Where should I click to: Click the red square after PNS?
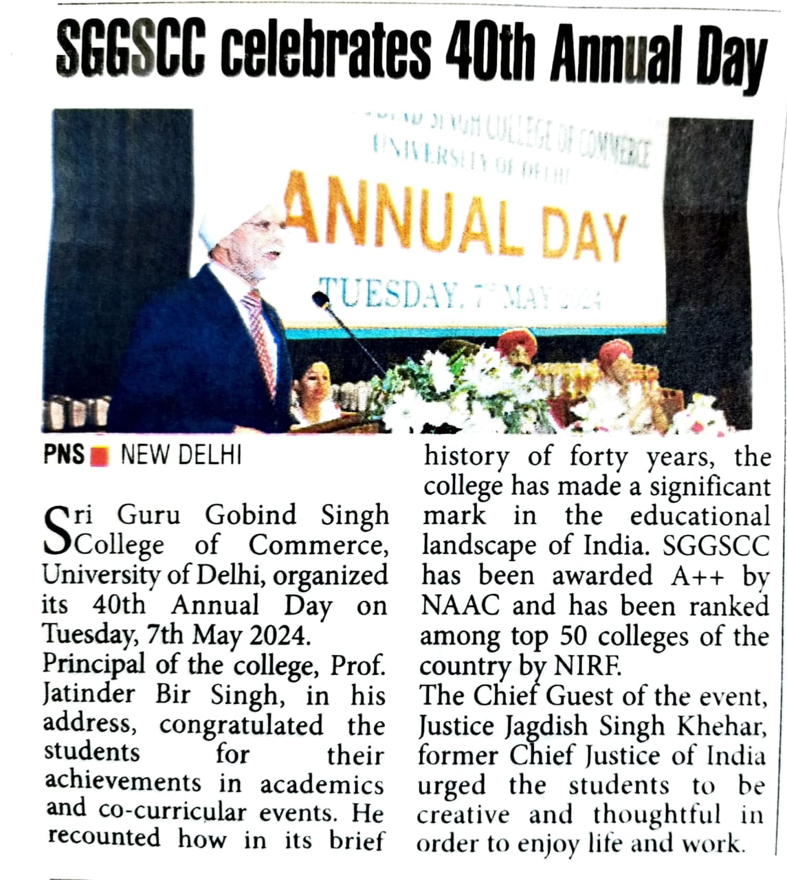99,455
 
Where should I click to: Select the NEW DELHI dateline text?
181,455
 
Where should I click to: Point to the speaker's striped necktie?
261,337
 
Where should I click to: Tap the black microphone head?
320,299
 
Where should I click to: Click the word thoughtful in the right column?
657,815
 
